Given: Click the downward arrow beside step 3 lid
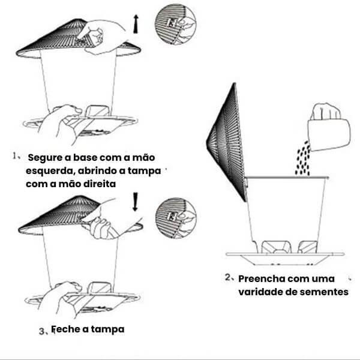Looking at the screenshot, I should click(x=135, y=202).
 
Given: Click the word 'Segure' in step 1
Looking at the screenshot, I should click(x=44, y=158).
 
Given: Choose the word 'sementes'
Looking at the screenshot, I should click(x=326, y=292).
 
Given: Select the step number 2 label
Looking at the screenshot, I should click(x=228, y=278).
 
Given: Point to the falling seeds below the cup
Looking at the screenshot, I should click(x=302, y=159).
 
